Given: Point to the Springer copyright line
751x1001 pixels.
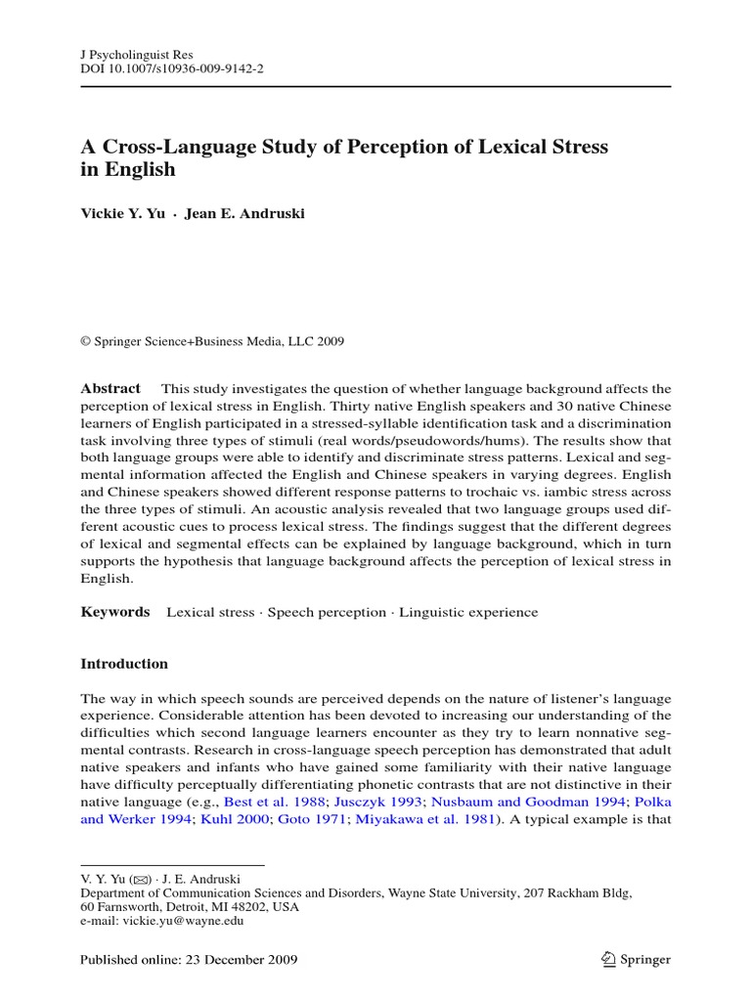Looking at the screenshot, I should point(212,341).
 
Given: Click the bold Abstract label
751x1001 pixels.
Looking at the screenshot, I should point(110,388).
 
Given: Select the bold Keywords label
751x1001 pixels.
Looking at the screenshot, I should point(114,612).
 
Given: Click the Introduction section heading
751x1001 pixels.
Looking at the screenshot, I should point(123,664).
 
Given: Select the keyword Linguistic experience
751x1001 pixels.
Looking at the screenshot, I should point(468,612).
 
